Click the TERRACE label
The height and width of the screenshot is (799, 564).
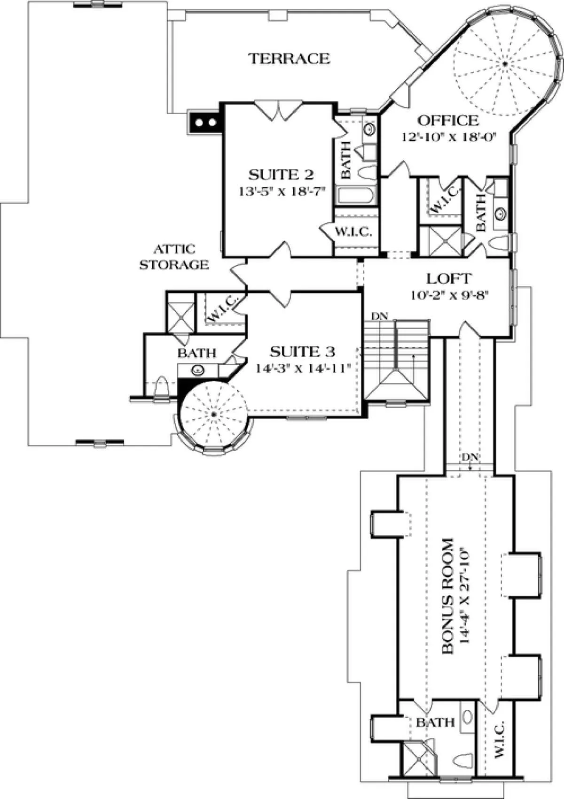coord(290,59)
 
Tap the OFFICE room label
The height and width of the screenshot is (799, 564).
coord(448,121)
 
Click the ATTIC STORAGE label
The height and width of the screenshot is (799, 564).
coord(174,257)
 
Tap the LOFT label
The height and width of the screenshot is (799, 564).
coord(449,278)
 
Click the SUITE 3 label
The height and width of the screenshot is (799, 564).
coord(302,352)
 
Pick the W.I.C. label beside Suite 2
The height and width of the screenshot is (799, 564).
coord(353,232)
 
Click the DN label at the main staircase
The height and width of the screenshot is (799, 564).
coord(379,316)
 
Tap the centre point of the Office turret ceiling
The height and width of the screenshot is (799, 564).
coord(505,64)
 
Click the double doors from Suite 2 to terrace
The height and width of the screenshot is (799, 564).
coord(278,110)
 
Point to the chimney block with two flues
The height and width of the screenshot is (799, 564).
coord(205,123)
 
